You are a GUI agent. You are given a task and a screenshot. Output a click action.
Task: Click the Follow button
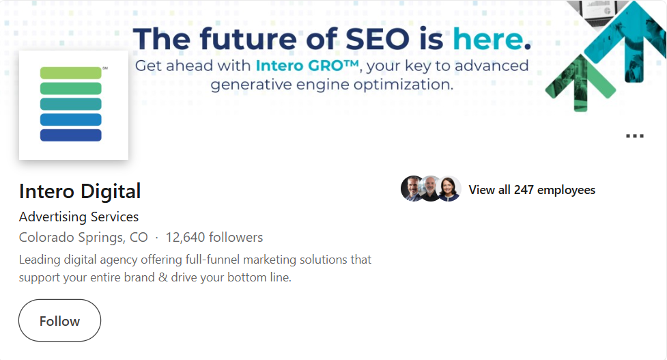point(59,320)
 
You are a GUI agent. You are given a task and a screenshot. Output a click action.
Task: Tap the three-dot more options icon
point(634,136)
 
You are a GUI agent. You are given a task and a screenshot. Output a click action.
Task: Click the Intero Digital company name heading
point(80,191)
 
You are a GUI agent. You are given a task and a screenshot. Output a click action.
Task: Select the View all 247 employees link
point(532,190)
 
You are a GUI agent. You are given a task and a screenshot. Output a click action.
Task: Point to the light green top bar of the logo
point(71,72)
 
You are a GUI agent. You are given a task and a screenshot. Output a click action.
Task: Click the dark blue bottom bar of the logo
point(71,135)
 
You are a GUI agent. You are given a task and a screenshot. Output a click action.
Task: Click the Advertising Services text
point(79,217)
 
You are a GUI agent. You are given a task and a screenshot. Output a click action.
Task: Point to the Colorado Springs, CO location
point(83,238)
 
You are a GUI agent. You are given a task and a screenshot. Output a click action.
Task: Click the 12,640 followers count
point(214,238)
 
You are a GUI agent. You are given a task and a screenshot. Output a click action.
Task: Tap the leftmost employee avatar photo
point(412,189)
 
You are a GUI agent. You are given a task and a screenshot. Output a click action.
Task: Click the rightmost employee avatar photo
point(449,189)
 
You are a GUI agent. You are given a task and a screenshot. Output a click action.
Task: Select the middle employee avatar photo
point(431,189)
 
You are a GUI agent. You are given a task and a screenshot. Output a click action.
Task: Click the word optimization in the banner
point(407,85)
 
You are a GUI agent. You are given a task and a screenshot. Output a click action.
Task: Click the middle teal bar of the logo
point(71,104)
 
